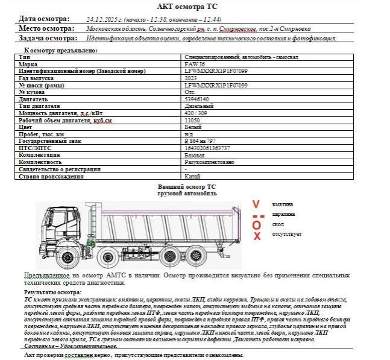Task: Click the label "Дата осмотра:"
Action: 44,19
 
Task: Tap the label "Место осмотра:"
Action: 46,28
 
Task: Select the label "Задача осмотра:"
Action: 48,38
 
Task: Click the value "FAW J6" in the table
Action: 194,63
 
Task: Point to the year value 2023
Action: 190,78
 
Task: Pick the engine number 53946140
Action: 197,99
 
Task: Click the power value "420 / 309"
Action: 195,113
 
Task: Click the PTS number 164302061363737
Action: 207,148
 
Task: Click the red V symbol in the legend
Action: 256,204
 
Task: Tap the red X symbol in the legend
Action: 257,236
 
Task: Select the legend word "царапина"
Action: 283,215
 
